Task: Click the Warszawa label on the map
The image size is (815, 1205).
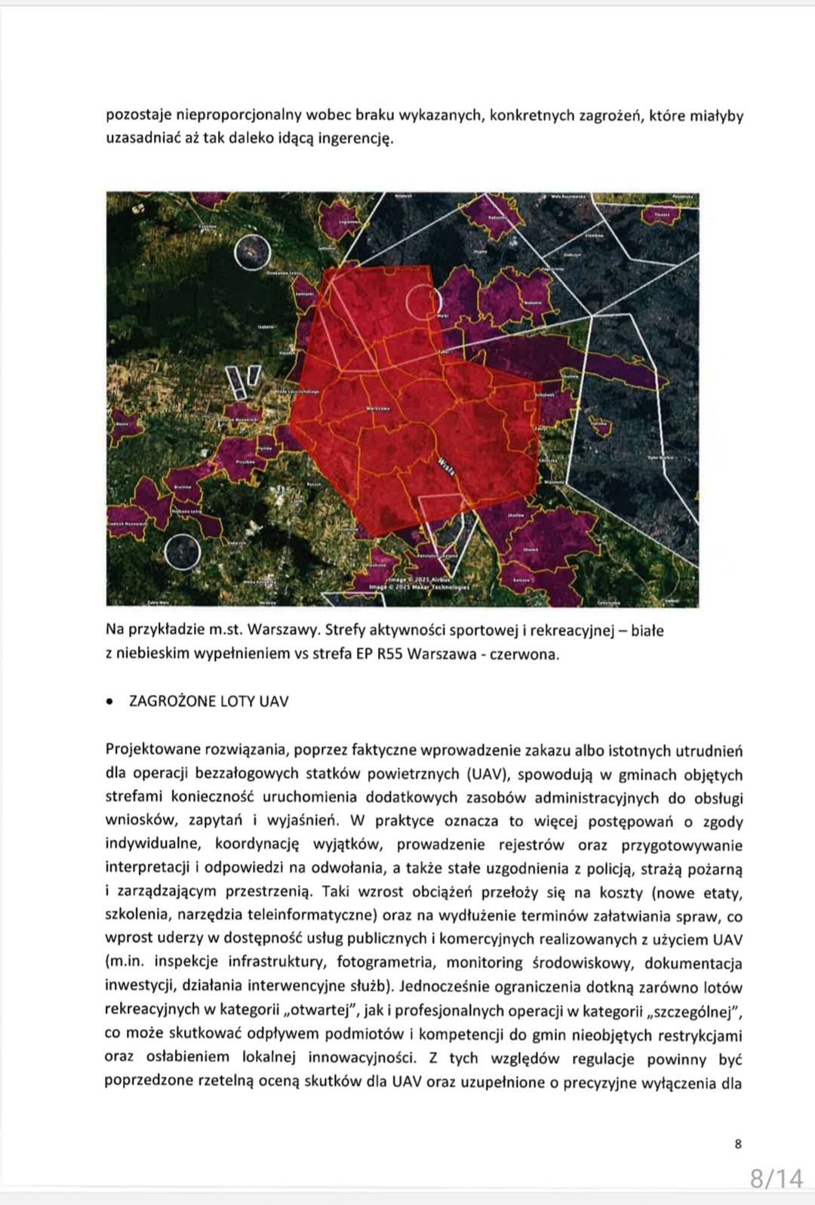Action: click(x=377, y=409)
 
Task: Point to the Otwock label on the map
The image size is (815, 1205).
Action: click(x=531, y=549)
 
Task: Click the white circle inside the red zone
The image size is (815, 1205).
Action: click(x=421, y=302)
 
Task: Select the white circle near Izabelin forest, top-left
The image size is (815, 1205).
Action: click(x=252, y=253)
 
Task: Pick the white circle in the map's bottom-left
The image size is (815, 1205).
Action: click(x=182, y=552)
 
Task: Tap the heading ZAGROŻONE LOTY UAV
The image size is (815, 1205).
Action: click(x=209, y=701)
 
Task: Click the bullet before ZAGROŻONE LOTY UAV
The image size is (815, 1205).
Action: click(x=110, y=702)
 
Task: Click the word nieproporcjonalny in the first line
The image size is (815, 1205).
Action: click(x=251, y=115)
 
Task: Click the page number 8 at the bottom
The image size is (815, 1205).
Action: click(x=738, y=1144)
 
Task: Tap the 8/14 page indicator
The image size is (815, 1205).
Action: click(x=777, y=1178)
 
